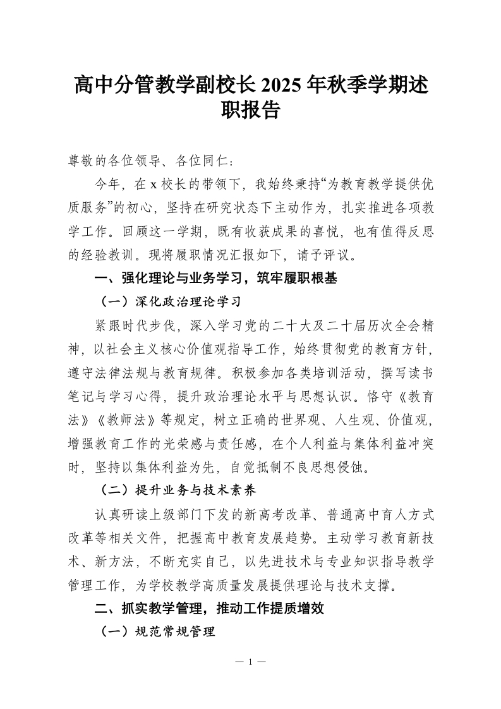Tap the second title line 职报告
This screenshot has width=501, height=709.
tap(250, 111)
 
